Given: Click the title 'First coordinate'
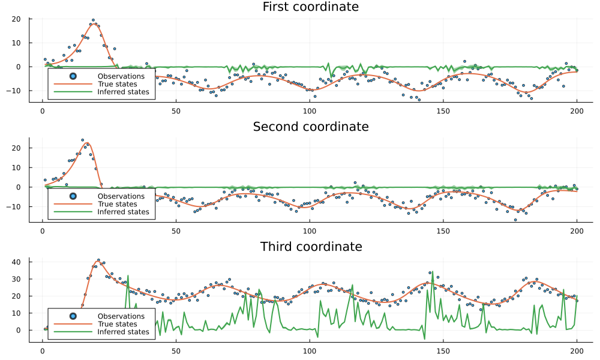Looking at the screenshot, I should pyautogui.click(x=310, y=7).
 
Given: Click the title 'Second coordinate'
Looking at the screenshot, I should pyautogui.click(x=310, y=127).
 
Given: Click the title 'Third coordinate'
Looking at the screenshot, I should pyautogui.click(x=310, y=247).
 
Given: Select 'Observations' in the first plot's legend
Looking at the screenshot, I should pyautogui.click(x=121, y=76).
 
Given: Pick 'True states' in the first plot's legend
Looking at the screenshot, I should pyautogui.click(x=117, y=84).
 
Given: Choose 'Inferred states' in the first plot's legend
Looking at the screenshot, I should pyautogui.click(x=123, y=92).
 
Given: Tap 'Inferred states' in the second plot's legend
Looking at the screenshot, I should pyautogui.click(x=123, y=212).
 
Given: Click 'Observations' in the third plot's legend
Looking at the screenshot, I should pyautogui.click(x=121, y=316).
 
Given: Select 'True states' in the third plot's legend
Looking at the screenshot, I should pyautogui.click(x=117, y=324).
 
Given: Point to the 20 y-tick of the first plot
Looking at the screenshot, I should pyautogui.click(x=17, y=19).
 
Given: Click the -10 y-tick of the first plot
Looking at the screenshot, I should pyautogui.click(x=16, y=91).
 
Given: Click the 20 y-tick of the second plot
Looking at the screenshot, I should pyautogui.click(x=17, y=148).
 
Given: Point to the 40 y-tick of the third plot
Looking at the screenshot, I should pyautogui.click(x=17, y=262).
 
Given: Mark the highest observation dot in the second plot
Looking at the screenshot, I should pyautogui.click(x=83, y=140).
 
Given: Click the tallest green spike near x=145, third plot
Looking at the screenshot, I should pyautogui.click(x=432, y=273).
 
